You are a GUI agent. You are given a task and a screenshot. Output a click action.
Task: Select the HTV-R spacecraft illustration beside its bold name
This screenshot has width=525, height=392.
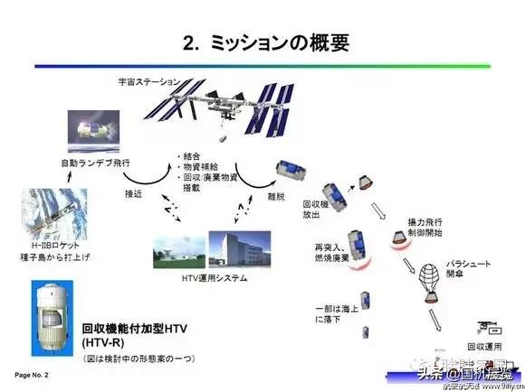(x=44, y=313)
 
